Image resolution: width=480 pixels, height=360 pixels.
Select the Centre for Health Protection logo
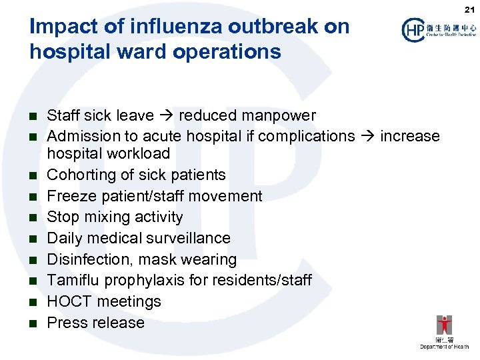click(439, 30)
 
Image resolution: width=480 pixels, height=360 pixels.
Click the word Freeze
click(71, 196)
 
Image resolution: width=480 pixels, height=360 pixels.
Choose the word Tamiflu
click(73, 280)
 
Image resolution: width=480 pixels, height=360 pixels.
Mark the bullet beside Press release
click(31, 323)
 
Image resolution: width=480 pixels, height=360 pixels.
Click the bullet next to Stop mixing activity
click(31, 218)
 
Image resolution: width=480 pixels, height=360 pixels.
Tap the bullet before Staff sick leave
click(31, 116)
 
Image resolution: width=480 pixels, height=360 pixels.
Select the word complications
click(307, 136)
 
